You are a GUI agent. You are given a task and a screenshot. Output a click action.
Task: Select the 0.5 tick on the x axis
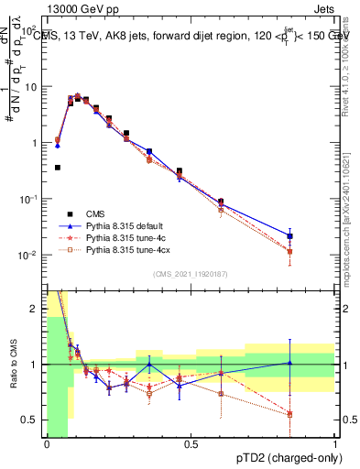191,444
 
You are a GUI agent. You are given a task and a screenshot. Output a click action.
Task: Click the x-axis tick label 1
335,444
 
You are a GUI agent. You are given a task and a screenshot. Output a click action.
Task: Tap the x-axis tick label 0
47,444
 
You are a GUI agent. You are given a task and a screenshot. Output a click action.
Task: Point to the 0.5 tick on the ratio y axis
33,420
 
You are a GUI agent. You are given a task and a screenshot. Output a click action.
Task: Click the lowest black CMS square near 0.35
58,168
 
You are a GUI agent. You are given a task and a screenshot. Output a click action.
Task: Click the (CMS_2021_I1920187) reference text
191,274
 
